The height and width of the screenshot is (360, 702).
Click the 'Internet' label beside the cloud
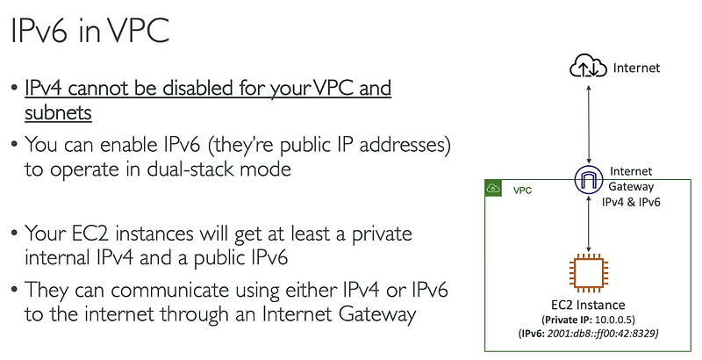point(635,67)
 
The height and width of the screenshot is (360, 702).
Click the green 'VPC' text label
point(523,190)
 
